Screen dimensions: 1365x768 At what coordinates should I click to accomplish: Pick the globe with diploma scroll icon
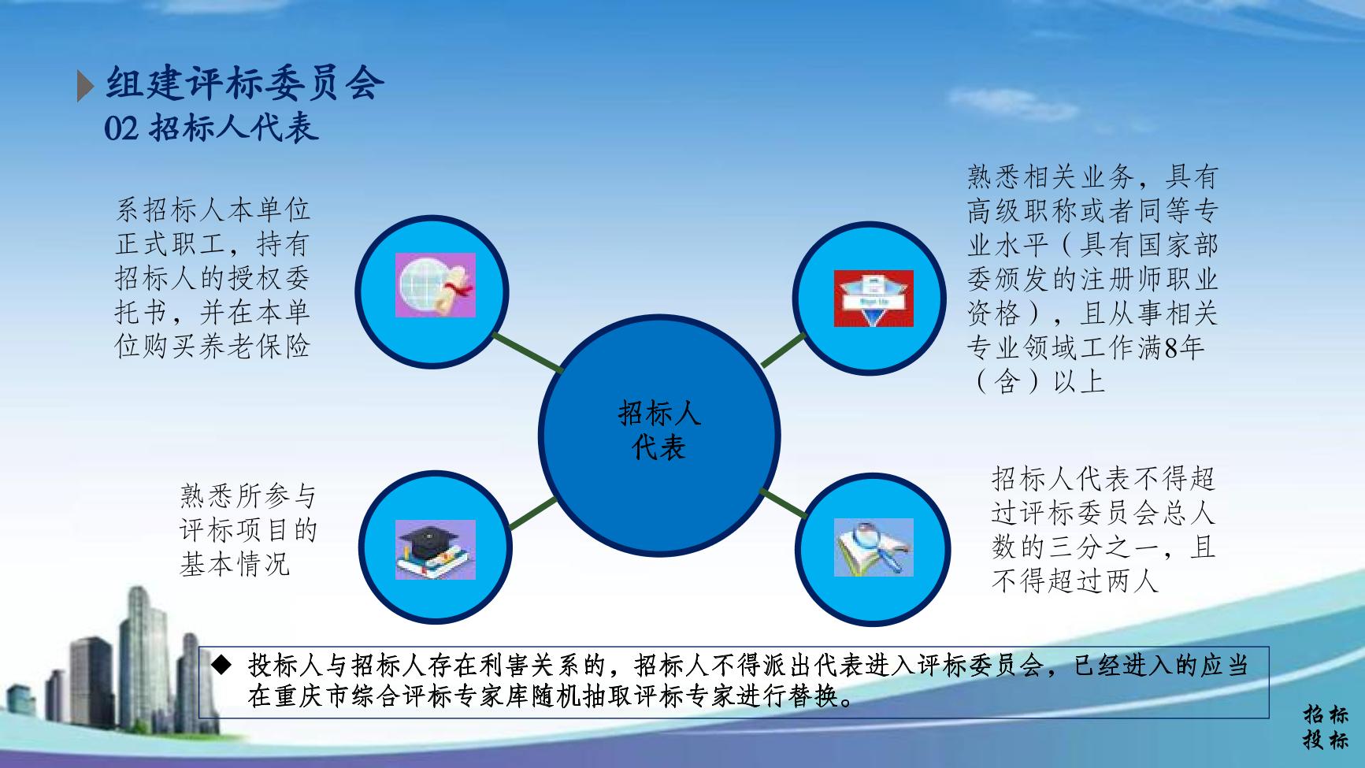[436, 286]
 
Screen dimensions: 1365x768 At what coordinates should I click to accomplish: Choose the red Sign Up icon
[874, 299]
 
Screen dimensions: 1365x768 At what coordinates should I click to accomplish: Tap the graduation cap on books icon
[436, 549]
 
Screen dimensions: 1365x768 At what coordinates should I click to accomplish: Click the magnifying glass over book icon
[874, 547]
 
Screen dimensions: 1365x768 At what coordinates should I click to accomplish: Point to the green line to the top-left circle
[527, 352]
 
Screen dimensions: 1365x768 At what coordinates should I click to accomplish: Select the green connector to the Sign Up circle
[784, 350]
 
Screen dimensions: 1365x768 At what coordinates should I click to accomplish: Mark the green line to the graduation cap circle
[533, 514]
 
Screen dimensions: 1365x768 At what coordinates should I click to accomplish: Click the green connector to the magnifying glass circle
[784, 503]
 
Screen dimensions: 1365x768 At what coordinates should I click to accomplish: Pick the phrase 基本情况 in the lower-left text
[235, 565]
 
